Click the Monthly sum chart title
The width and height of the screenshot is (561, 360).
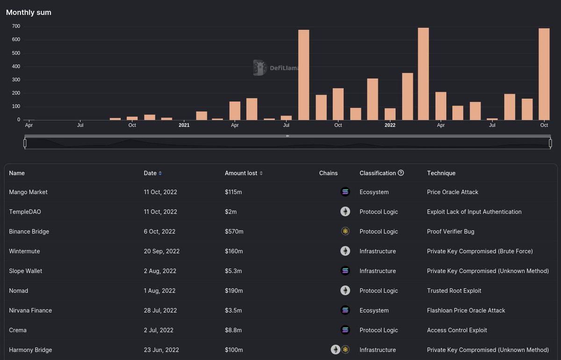pyautogui.click(x=29, y=13)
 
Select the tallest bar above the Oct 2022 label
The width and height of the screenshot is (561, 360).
pyautogui.click(x=544, y=74)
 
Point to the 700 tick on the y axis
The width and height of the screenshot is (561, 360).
pyautogui.click(x=16, y=26)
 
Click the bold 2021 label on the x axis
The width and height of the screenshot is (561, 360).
pyautogui.click(x=184, y=125)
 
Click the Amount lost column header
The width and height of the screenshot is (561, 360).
pyautogui.click(x=241, y=173)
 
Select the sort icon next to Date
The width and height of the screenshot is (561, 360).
pyautogui.click(x=160, y=173)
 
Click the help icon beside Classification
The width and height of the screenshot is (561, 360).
pyautogui.click(x=401, y=173)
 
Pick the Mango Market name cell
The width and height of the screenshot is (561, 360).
pyautogui.click(x=28, y=192)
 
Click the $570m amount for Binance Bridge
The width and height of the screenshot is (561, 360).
pyautogui.click(x=234, y=231)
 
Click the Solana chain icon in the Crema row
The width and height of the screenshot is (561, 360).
pyautogui.click(x=345, y=330)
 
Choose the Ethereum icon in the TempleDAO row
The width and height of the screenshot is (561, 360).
pyautogui.click(x=345, y=212)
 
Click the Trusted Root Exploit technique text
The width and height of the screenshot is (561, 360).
pyautogui.click(x=454, y=291)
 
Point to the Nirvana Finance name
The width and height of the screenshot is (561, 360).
pyautogui.click(x=30, y=310)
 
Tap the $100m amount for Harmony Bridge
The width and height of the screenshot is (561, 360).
pyautogui.click(x=234, y=350)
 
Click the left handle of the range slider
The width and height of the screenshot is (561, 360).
pyautogui.click(x=25, y=143)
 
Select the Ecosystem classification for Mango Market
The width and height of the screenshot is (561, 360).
pyautogui.click(x=374, y=192)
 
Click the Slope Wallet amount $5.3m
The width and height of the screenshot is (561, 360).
pyautogui.click(x=233, y=271)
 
